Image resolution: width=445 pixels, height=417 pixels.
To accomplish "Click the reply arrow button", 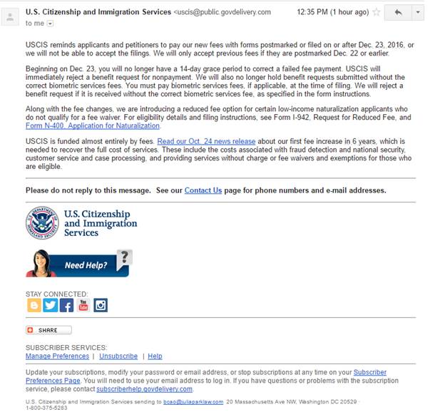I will point(397,13).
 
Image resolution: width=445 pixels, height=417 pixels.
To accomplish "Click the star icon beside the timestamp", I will point(376,12).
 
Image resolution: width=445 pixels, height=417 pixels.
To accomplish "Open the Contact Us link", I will point(203,190).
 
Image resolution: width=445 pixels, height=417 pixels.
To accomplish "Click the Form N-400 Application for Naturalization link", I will point(92,125).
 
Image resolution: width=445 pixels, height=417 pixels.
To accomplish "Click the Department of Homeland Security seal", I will point(42,223).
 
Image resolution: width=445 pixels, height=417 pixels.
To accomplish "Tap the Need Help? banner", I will point(79,263).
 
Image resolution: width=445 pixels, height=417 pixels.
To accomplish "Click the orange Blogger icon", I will point(34,305).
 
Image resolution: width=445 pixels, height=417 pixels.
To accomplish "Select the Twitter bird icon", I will point(50,305).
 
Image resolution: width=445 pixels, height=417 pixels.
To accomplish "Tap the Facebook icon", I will point(66,305).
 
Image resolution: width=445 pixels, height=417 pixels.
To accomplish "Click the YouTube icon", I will point(83,305).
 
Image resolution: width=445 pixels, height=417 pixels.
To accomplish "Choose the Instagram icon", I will point(101,305).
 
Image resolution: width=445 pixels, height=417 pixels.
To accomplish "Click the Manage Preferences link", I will point(57,356).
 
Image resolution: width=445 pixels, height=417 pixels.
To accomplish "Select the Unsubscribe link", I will point(118,356).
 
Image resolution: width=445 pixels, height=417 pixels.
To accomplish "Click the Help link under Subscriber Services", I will point(155,356).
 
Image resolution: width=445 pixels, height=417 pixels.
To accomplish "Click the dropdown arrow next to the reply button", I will point(417,13).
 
